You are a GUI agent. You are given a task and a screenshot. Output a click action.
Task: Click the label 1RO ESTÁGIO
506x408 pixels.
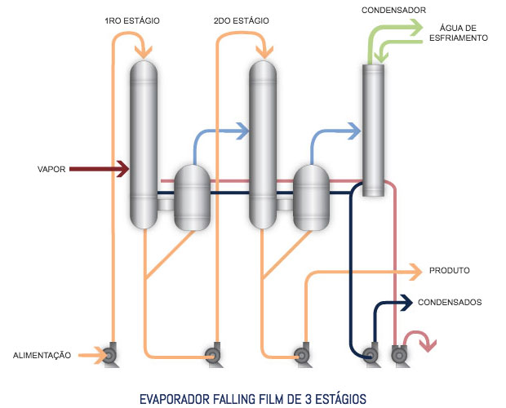pos(132,21)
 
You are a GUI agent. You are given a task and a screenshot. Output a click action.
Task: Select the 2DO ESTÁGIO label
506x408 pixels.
pos(241,21)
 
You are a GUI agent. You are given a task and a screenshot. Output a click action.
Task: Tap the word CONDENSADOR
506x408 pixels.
pos(393,11)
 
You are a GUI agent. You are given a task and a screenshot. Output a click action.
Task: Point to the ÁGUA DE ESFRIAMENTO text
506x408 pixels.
pos(458,33)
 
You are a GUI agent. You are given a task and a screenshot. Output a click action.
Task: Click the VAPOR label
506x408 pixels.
pos(51,170)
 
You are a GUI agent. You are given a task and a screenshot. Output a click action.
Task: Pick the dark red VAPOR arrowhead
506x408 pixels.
pos(123,169)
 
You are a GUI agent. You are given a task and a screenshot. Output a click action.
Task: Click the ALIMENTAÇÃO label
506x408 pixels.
pos(42,356)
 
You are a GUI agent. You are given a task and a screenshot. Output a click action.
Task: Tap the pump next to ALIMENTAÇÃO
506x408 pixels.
pos(110,355)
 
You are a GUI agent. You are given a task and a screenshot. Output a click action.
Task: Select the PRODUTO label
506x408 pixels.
pos(449,270)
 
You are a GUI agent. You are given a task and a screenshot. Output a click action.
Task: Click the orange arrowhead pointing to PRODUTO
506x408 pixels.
pos(416,273)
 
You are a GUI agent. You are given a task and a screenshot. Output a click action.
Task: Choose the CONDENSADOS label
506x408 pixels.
pos(450,302)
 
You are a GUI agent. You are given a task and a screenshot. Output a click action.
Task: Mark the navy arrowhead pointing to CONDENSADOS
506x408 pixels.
pos(406,303)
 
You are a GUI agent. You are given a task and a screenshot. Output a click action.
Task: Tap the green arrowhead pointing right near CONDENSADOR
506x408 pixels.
pos(415,28)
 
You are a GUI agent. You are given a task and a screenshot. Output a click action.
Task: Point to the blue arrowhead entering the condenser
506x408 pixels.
pos(354,131)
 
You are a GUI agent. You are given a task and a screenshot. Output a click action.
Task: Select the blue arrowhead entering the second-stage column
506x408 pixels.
pos(242,131)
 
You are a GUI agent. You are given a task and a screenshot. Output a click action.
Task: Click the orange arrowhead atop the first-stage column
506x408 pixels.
pos(144,52)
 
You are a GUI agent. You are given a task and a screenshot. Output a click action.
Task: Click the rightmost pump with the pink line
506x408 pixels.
pos(399,355)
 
